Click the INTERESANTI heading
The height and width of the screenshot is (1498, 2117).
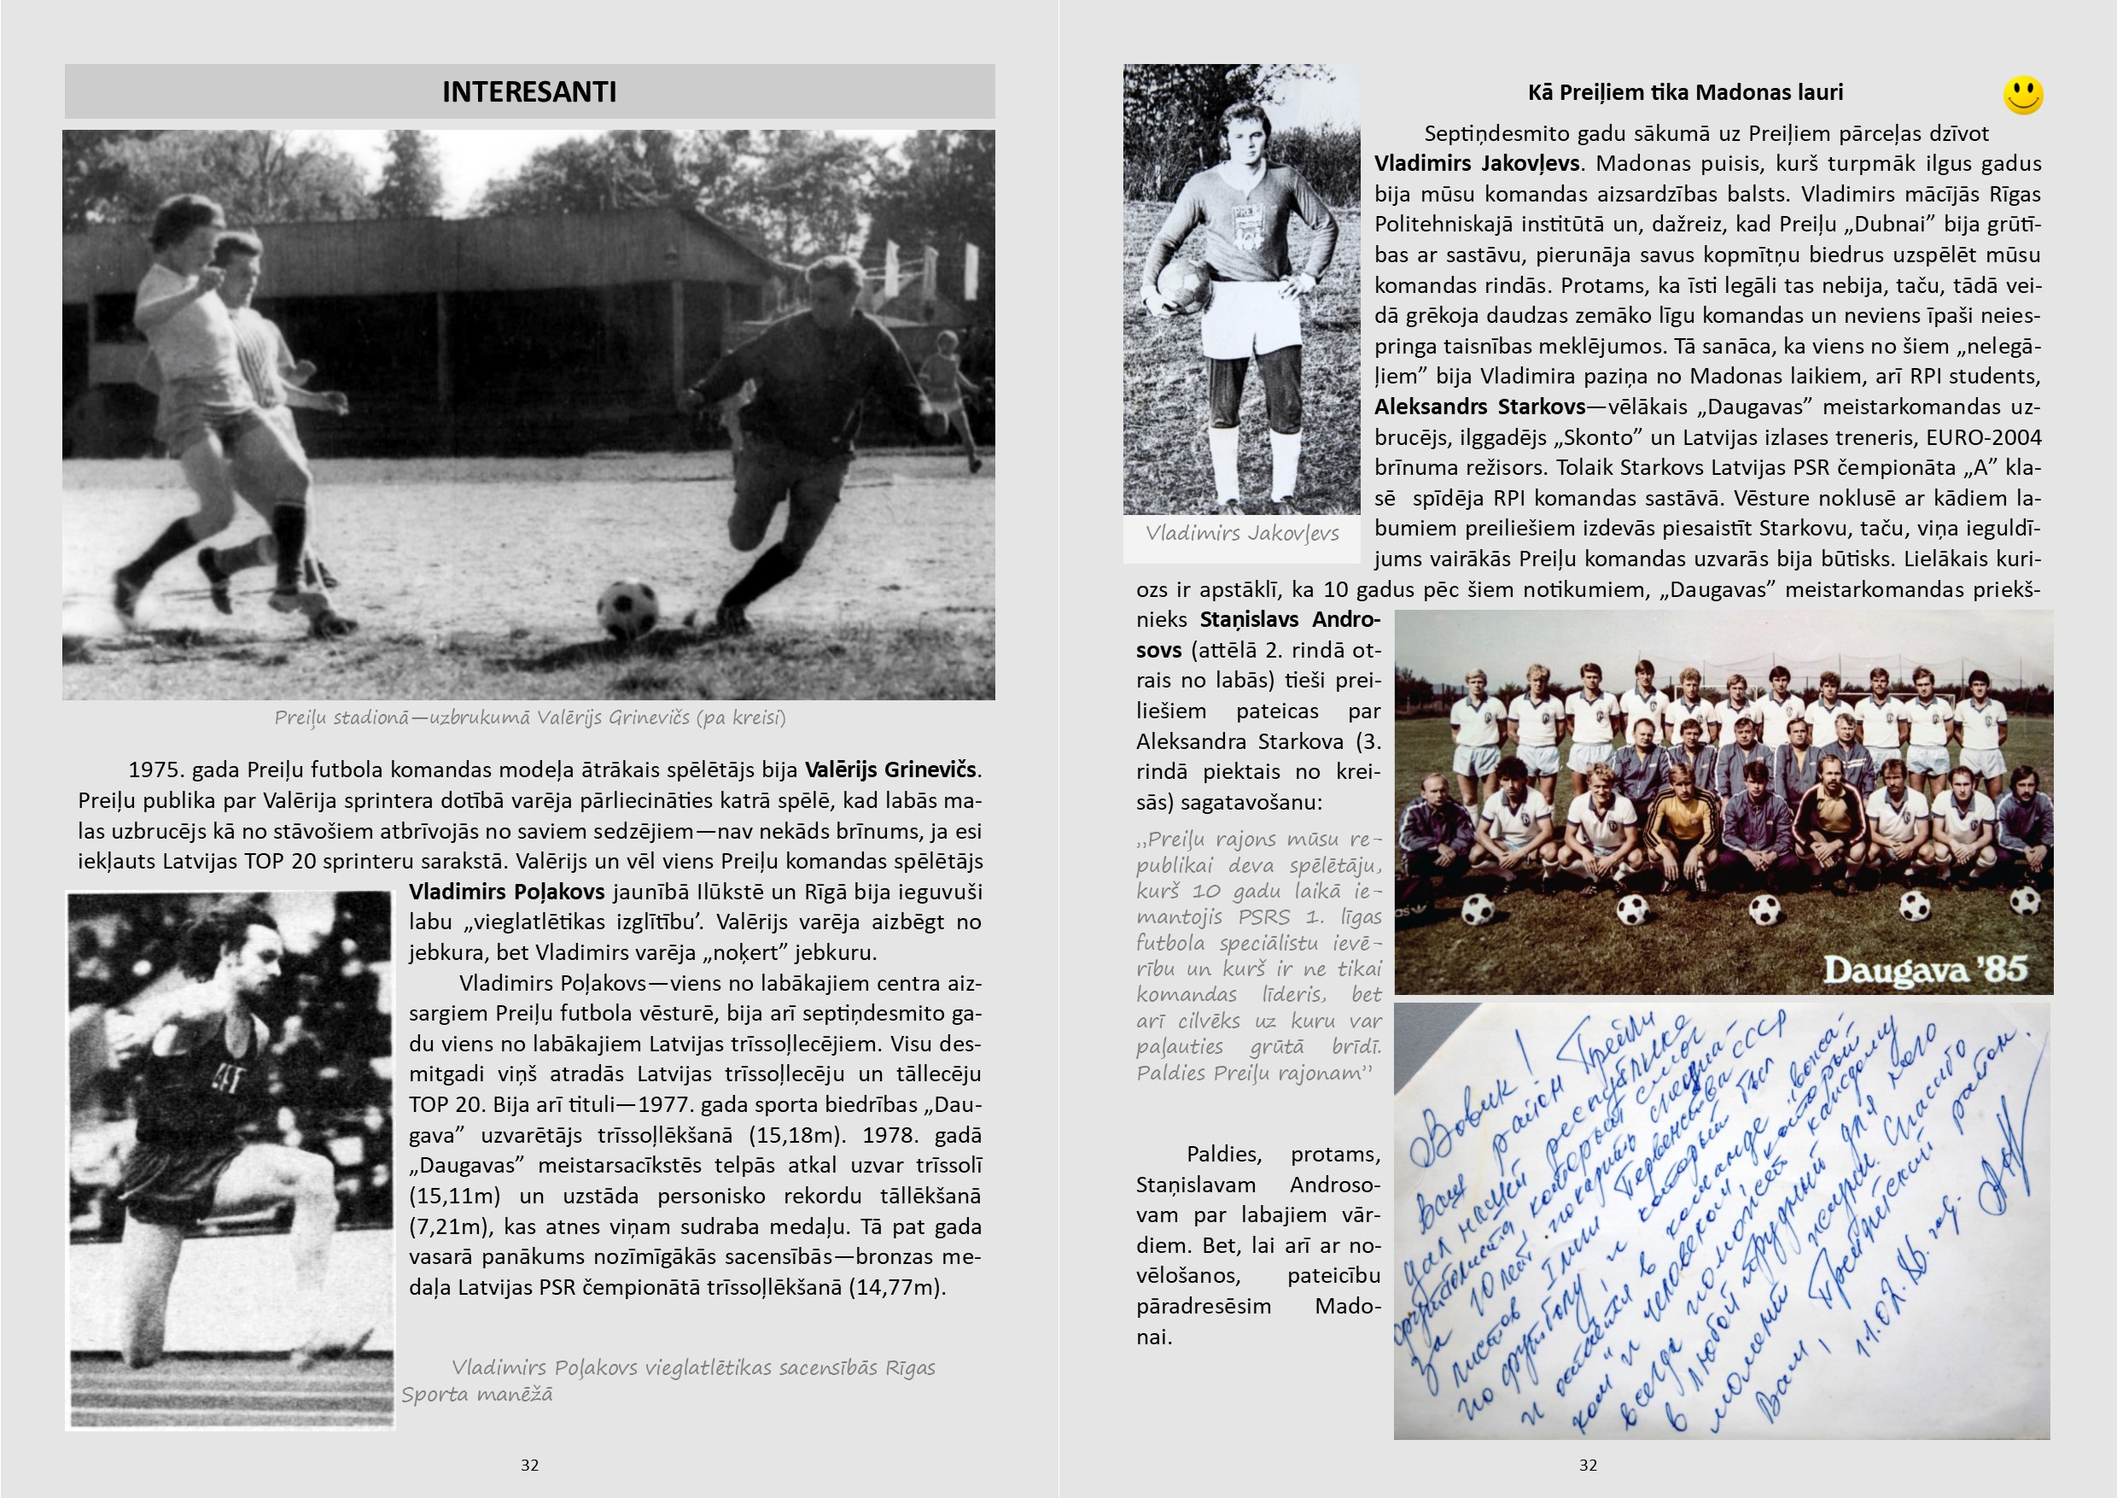529,92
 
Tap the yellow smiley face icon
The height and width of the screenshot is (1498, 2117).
2023,95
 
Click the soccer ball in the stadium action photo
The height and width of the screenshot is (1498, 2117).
628,608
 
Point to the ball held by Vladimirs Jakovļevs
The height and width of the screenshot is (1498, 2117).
1183,285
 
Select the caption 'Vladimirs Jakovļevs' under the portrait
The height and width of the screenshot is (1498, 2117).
1241,533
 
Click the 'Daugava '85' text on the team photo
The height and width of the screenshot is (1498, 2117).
1925,969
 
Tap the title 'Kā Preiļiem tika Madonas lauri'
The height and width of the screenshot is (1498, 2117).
1684,92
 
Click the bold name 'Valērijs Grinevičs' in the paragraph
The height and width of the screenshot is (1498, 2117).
890,769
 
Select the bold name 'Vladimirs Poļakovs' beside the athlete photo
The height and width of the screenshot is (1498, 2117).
506,892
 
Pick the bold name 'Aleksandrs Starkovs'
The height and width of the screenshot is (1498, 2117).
1479,407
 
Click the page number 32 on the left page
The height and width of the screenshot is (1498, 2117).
529,1465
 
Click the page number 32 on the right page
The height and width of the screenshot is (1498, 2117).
1588,1465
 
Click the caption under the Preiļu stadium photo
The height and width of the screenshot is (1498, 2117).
529,717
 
